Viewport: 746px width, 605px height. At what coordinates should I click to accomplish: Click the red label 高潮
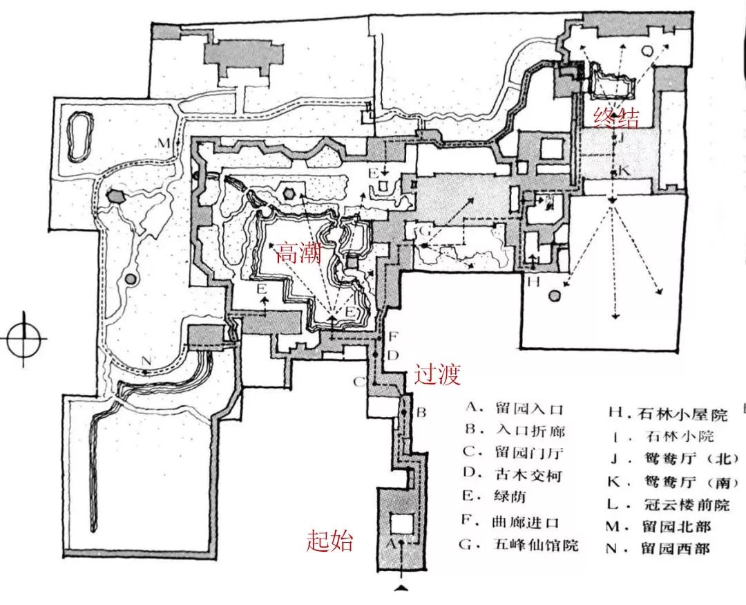coord(299,254)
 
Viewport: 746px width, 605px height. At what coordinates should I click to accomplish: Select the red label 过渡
coord(437,375)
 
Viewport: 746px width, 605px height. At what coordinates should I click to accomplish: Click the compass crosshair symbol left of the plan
coord(24,339)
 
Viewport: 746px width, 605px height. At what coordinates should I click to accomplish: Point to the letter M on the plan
coord(162,143)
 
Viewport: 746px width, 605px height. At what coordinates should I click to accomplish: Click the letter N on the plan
coord(146,360)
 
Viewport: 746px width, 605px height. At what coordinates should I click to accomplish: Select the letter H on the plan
coord(533,282)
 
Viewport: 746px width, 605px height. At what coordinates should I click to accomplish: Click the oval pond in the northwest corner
coord(80,136)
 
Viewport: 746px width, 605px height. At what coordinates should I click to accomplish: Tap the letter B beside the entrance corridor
coord(423,413)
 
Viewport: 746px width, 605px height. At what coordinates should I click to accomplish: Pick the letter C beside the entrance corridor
coord(359,382)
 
